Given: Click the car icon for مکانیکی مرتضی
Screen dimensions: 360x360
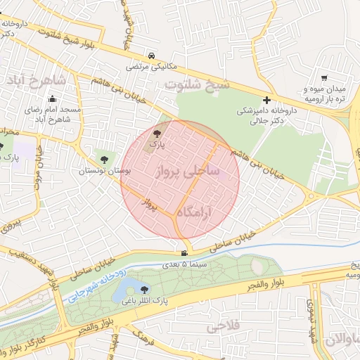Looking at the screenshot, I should tap(152, 55).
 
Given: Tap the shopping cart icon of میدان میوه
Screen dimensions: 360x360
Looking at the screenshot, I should tap(323, 78).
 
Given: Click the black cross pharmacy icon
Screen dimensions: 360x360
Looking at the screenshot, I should tap(266, 100).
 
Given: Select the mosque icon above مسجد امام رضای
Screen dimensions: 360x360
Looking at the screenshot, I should tap(52, 100).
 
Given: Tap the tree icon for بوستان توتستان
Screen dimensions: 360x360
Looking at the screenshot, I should tap(105, 160).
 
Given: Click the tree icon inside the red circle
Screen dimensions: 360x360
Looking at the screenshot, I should tap(156, 133).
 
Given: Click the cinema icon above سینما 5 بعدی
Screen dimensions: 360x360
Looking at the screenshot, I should tap(184, 254).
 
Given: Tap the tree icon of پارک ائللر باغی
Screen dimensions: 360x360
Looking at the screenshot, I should tap(145, 289).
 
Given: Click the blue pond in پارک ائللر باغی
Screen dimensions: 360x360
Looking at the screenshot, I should tap(127, 289).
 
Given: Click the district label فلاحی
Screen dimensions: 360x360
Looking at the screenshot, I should tap(224, 326).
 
